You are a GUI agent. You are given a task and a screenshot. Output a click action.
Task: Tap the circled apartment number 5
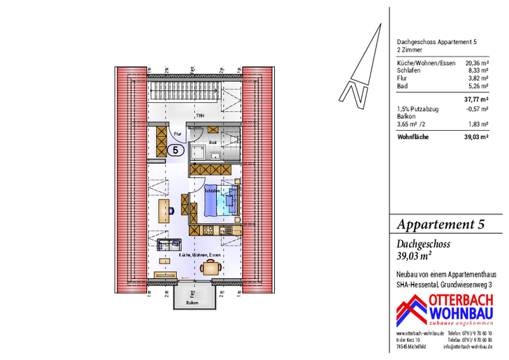(x=175, y=149)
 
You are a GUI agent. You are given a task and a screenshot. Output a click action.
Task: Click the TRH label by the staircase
(x=199, y=115)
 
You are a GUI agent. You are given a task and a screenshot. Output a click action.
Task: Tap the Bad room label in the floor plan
(x=213, y=142)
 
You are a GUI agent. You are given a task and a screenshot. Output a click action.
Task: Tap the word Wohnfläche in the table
(x=413, y=137)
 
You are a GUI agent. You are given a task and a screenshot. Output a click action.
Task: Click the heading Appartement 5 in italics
(x=440, y=224)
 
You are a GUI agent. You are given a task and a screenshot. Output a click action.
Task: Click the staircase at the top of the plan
(x=190, y=91)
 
